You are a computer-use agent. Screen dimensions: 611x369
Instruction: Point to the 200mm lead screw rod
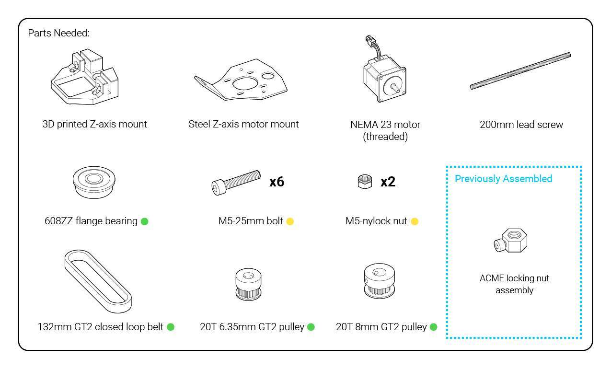[520, 71]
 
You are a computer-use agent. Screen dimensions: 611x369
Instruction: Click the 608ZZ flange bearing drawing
[94, 182]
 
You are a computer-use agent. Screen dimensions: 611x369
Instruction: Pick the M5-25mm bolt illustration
[236, 183]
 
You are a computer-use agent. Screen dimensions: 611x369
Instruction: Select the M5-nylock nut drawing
[365, 182]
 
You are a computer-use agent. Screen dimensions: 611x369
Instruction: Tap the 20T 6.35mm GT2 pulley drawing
[248, 284]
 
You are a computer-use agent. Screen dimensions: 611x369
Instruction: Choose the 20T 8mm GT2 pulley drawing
[379, 281]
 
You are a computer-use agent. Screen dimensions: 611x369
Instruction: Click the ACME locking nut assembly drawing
[511, 241]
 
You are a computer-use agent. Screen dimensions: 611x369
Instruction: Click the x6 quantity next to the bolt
[277, 182]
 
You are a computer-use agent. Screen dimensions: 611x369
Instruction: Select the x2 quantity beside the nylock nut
[388, 182]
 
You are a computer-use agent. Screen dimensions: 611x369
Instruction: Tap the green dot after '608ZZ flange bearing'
[144, 221]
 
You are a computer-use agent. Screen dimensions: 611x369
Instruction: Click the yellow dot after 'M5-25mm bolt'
[290, 221]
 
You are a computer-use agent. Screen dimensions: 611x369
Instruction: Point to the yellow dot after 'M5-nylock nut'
[415, 221]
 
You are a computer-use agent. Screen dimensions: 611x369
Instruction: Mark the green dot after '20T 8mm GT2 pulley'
[433, 327]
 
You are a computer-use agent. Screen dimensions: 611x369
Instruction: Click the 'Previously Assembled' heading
[504, 179]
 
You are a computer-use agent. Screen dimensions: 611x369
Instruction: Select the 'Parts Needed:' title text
[58, 33]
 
